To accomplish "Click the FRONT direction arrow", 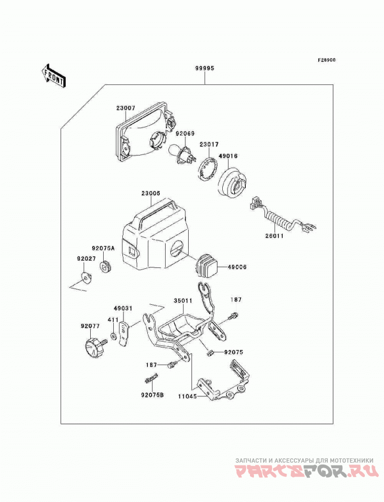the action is click(53, 75).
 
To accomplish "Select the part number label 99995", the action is click(204, 68).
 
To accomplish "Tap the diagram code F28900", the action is click(326, 60).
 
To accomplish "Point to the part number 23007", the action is click(126, 108).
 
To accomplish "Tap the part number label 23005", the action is click(151, 193).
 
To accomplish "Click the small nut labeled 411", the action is click(113, 336).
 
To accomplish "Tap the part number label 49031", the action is click(123, 309).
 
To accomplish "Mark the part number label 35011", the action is click(183, 300).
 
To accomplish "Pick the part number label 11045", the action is click(188, 396).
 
